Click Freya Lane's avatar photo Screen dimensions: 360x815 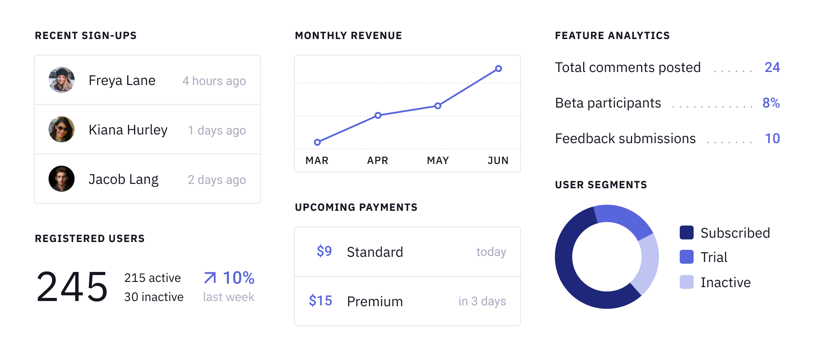click(62, 80)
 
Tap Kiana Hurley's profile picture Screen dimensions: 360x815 click(62, 129)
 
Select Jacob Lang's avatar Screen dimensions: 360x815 click(62, 179)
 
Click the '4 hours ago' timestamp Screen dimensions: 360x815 click(214, 81)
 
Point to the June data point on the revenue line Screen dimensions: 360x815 click(499, 69)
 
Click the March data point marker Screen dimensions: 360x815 click(317, 142)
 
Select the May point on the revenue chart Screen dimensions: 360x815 click(438, 106)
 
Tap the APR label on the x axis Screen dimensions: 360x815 click(378, 160)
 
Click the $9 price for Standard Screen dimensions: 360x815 click(324, 251)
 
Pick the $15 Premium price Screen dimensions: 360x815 click(320, 301)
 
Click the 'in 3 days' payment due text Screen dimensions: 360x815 click(482, 301)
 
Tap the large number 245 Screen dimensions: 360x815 click(72, 286)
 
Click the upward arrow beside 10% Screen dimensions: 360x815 click(210, 278)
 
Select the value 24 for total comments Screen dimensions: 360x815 click(772, 67)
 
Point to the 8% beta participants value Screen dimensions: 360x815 click(771, 103)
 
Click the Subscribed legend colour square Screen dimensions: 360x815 click(687, 232)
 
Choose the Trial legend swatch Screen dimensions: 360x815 click(687, 257)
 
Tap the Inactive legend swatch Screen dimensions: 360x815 click(687, 282)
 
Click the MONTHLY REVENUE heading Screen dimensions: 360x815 click(349, 36)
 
